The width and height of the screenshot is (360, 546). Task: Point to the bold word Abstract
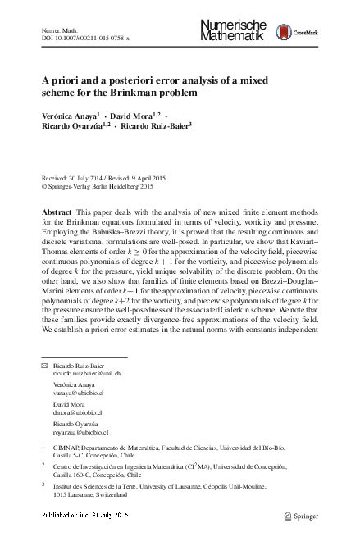[56, 212]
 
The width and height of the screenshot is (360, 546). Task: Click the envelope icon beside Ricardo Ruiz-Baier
[44, 364]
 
